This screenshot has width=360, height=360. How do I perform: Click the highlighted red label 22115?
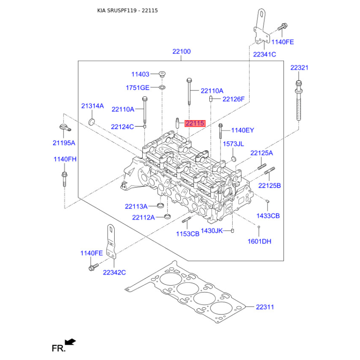(195, 123)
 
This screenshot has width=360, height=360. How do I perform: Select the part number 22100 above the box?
(181, 51)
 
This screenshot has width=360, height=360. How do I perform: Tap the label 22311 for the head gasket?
(265, 307)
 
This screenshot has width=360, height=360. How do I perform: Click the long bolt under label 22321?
(298, 100)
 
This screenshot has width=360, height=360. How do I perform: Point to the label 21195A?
(64, 143)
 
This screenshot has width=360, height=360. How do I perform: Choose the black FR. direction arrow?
(70, 342)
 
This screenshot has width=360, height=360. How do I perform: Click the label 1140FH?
(65, 159)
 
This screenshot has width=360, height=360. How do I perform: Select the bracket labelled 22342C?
(111, 242)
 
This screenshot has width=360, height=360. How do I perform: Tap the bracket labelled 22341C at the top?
(262, 26)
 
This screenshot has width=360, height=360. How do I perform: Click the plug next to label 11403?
(162, 74)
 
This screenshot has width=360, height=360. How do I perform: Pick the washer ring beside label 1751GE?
(162, 87)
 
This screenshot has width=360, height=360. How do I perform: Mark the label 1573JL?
(233, 144)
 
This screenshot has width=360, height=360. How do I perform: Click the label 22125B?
(270, 185)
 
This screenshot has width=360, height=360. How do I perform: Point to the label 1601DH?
(260, 241)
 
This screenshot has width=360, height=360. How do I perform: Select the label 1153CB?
(188, 234)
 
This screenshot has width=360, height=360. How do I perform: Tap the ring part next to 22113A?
(161, 205)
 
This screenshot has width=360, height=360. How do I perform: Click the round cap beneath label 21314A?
(92, 121)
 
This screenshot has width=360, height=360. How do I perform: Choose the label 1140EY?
(243, 130)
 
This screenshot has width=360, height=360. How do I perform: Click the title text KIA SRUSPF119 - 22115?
(127, 10)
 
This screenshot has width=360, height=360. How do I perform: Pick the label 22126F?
(234, 99)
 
